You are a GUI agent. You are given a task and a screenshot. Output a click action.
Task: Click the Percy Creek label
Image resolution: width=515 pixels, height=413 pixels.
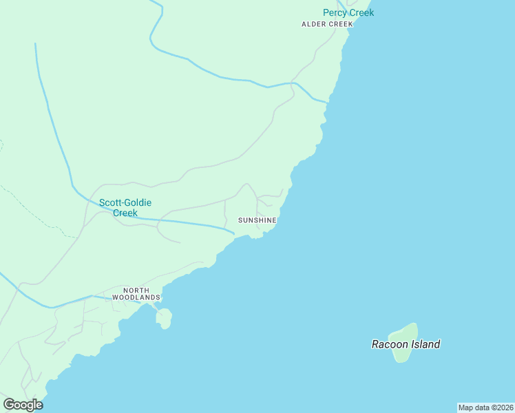coord(348,12)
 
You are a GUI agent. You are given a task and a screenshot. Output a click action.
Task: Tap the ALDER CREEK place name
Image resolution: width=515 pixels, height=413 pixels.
coord(327,24)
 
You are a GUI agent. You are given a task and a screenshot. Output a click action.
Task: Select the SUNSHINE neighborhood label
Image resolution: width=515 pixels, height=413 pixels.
coord(257,220)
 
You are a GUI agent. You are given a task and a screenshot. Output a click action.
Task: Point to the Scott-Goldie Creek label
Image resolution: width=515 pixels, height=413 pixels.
coord(125,207)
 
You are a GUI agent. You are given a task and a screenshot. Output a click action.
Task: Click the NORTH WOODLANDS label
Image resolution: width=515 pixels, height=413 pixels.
coord(136,294)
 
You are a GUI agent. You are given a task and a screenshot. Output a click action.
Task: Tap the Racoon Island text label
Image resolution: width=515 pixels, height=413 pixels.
coord(406,344)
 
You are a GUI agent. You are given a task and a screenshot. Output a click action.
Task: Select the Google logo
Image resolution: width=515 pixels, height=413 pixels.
coord(23,405)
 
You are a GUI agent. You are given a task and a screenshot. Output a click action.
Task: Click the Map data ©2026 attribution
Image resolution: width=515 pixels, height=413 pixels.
coord(485,407)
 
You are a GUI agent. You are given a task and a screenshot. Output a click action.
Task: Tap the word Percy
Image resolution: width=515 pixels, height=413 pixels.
coord(335,12)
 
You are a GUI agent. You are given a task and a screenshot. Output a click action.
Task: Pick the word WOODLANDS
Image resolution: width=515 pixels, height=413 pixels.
coord(136,297)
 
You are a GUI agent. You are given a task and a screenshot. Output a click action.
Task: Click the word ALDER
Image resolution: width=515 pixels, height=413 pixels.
coord(314,24)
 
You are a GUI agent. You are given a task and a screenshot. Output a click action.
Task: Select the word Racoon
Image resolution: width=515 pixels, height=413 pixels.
coord(388,344)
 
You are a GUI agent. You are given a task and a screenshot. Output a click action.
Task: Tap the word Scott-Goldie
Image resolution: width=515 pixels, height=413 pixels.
coord(125,202)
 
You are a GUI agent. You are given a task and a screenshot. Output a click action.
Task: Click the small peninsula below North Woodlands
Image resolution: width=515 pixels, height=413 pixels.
coord(164,319)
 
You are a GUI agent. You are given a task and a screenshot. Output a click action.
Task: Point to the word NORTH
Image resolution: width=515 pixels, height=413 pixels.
coord(136,290)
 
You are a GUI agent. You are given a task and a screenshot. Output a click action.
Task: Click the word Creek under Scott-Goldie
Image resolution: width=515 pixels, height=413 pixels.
coord(125,213)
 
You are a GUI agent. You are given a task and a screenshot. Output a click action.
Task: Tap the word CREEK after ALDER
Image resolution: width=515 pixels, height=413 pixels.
coord(340,24)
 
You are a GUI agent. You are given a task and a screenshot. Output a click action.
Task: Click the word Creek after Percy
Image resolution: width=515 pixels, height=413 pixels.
coord(361,12)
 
